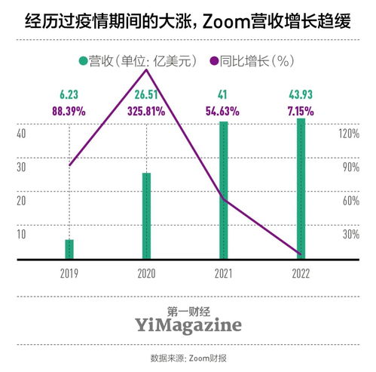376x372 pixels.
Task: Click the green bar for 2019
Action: pos(69,249)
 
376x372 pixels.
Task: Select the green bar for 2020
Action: pos(146,216)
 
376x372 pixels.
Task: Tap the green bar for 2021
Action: pos(224,190)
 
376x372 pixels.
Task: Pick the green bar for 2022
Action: pos(301,189)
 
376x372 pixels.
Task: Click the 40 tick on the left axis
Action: pos(22,133)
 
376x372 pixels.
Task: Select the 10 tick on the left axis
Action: pos(22,234)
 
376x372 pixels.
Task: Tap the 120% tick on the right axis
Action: pos(350,133)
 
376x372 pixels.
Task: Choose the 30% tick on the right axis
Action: pos(351,234)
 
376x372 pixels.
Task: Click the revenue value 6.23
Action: pos(69,96)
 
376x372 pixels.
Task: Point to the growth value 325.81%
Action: pos(145,111)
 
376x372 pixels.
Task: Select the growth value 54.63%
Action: pos(223,111)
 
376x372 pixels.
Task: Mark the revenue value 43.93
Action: pos(301,96)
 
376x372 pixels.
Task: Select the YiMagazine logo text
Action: pos(188,324)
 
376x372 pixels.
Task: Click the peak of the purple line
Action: pos(145,69)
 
